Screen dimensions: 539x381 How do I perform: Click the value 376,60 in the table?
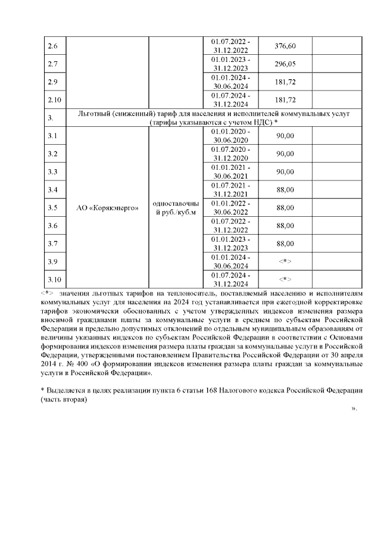click(287, 46)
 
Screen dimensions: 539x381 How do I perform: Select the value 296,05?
click(287, 64)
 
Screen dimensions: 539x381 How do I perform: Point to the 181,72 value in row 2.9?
click(287, 82)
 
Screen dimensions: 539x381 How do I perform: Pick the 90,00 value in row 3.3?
click(287, 172)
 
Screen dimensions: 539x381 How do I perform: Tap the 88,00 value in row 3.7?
click(287, 244)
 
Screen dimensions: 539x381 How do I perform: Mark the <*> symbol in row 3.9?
click(287, 261)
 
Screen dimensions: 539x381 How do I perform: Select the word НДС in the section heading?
click(259, 122)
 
